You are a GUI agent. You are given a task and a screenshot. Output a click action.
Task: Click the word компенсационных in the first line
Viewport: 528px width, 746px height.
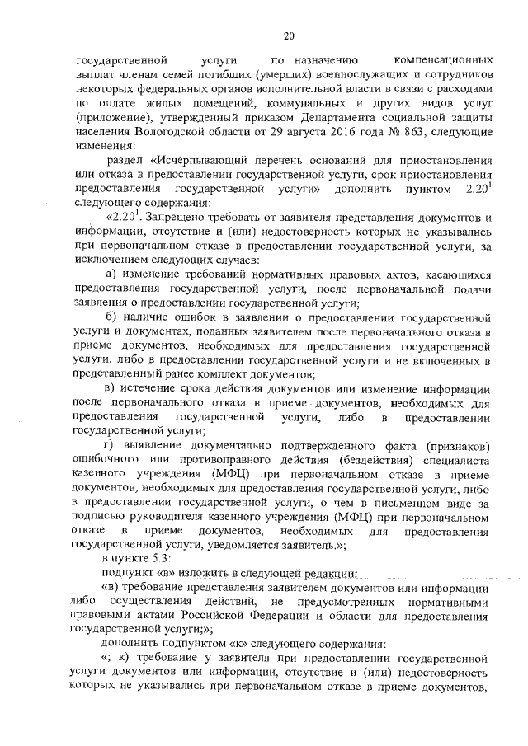tap(445, 61)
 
